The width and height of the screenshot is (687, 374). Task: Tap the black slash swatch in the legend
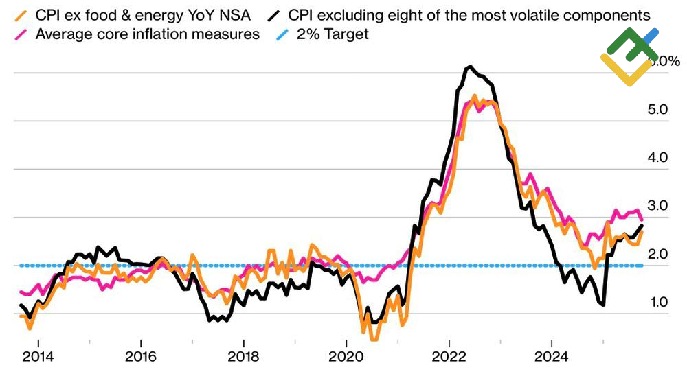[x=276, y=15]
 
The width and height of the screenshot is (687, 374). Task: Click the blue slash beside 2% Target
[x=276, y=34]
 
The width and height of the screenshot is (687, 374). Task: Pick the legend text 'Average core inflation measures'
[x=148, y=34]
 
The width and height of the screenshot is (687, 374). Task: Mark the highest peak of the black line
[x=469, y=67]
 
